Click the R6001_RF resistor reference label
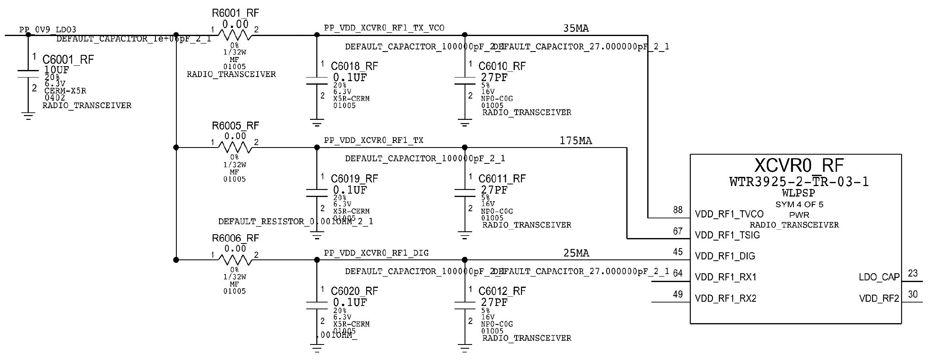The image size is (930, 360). tap(235, 13)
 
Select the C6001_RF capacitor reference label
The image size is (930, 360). tap(68, 60)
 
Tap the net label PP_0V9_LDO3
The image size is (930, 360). tap(48, 30)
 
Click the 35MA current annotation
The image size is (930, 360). tap(576, 28)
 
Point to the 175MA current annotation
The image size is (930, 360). tap(576, 141)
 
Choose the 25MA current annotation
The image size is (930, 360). tap(576, 253)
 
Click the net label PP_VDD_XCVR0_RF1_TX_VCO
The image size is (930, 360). tap(384, 28)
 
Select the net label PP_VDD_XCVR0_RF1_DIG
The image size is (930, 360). tap(376, 253)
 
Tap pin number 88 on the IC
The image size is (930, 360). tap(678, 210)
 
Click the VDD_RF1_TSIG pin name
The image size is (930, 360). tap(727, 235)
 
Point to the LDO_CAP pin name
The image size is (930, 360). tap(879, 277)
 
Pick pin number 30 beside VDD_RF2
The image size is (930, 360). tap(912, 294)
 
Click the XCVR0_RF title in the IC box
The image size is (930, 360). tap(799, 166)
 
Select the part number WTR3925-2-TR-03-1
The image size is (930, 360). tap(799, 182)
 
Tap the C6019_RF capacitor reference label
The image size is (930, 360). tap(354, 179)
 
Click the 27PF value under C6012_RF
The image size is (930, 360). tap(494, 302)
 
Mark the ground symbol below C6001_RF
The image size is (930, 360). tap(28, 116)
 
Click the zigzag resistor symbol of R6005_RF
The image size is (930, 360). tap(235, 147)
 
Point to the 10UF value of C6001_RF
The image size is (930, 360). tap(56, 70)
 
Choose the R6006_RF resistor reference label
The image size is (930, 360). tap(235, 238)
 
